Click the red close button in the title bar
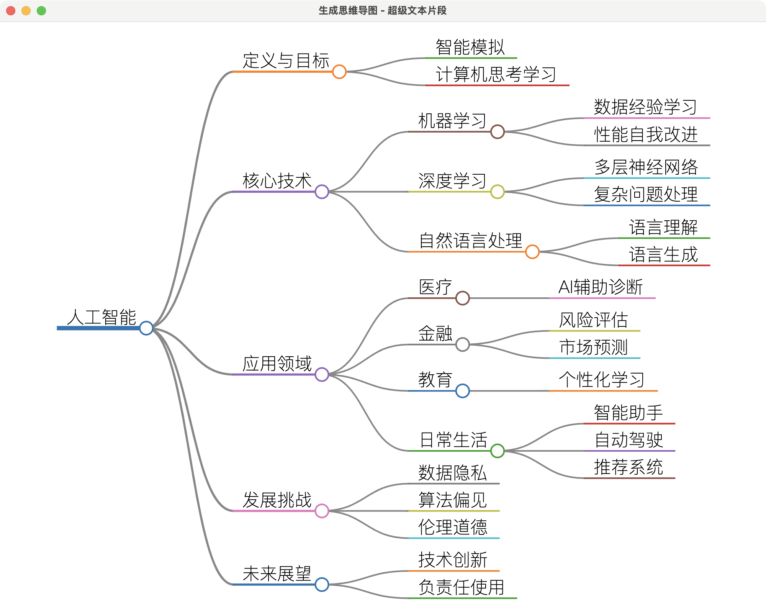point(11,11)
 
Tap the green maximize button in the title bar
point(41,11)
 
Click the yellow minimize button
point(26,11)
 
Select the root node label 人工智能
point(101,317)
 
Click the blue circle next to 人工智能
point(146,328)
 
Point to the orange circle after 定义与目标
point(339,72)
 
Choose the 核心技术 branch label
point(277,181)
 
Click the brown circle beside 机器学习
point(498,132)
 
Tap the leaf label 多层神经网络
point(646,167)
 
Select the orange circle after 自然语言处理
point(532,252)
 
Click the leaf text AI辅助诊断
point(601,287)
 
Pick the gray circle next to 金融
point(463,344)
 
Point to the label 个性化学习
point(602,380)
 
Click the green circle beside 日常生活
point(498,451)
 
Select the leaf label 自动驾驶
point(629,440)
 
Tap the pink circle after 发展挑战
point(322,511)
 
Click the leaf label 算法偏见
point(453,500)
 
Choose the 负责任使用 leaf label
point(462,587)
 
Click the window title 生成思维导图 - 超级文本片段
point(383,11)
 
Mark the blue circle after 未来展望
point(322,584)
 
